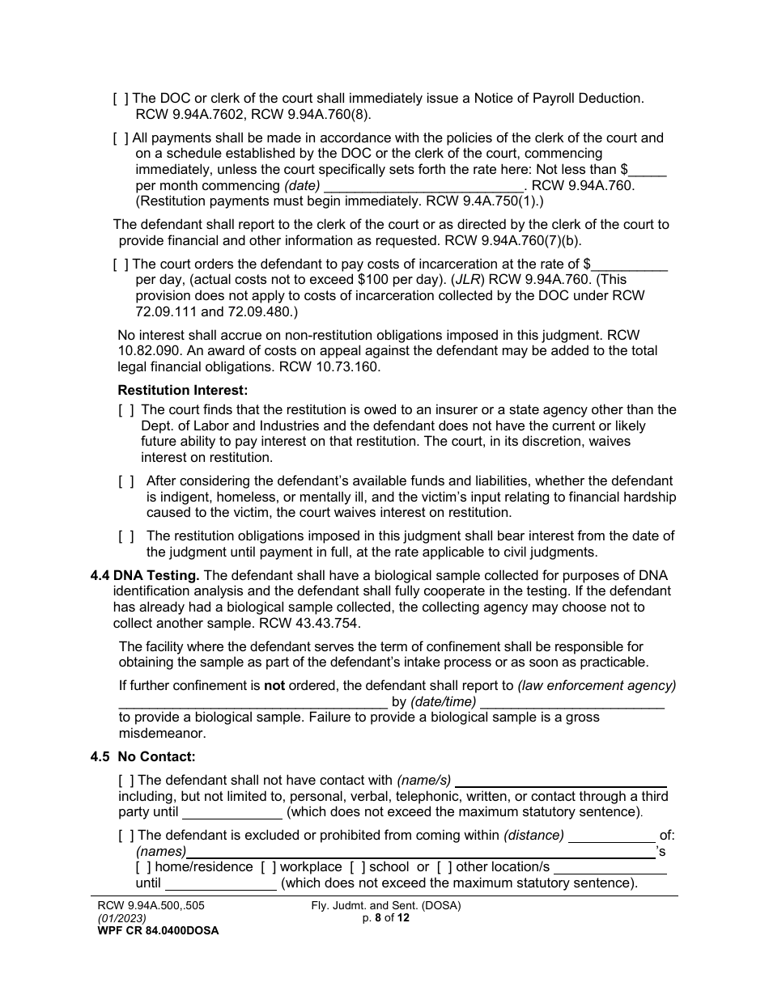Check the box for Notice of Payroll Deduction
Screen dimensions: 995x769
click(121, 99)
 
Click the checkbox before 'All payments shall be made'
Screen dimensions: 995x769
click(121, 138)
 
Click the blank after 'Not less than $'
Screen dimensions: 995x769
click(648, 170)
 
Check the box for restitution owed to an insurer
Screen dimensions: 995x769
click(126, 410)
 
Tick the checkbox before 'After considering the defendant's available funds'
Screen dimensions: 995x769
click(126, 481)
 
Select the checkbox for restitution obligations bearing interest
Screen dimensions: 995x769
click(126, 536)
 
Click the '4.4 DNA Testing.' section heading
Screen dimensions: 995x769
click(145, 576)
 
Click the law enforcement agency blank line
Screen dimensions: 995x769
click(253, 702)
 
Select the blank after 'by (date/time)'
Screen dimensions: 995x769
click(572, 702)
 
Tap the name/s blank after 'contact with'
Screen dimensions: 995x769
click(561, 781)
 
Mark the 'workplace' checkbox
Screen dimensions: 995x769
click(268, 867)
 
